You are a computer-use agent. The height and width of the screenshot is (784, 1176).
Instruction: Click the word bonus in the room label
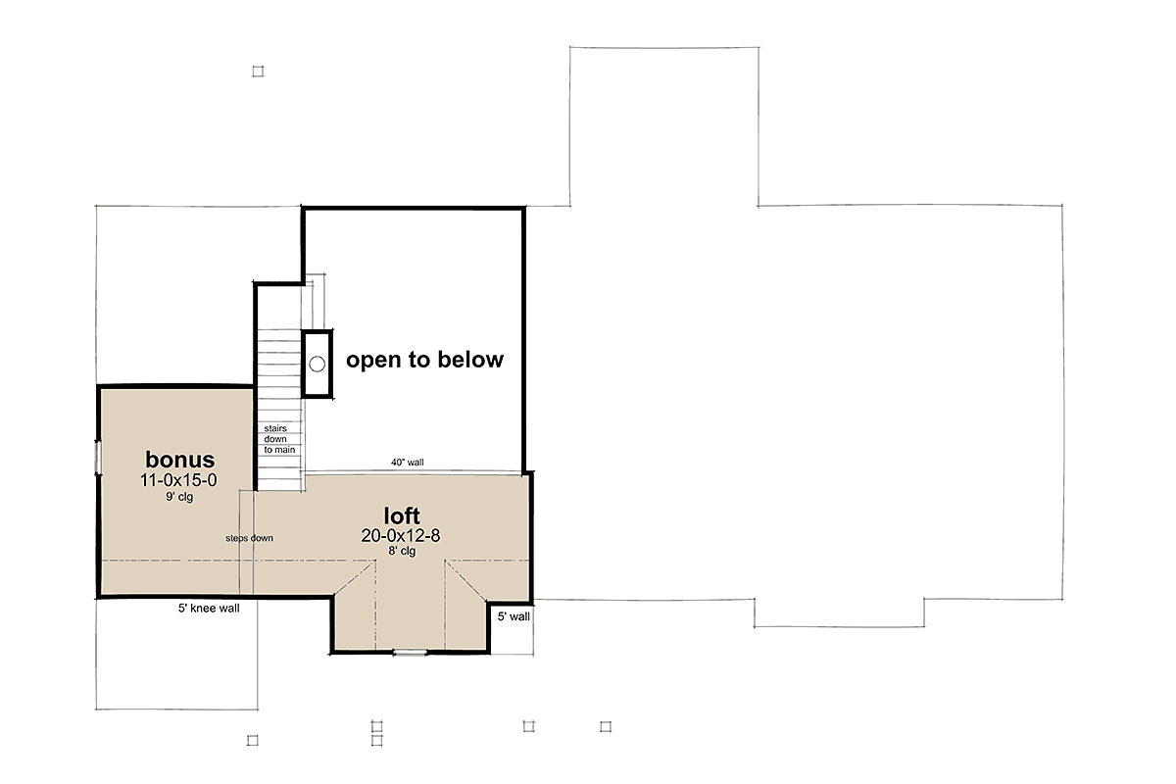179,460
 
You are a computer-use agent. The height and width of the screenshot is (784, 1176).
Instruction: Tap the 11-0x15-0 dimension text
179,480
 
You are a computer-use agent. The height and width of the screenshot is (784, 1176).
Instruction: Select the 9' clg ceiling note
179,498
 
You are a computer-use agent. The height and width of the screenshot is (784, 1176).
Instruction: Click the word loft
402,515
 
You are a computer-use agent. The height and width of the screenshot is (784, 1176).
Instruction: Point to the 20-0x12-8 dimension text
402,535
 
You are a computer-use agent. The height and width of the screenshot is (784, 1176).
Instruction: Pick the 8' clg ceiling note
402,552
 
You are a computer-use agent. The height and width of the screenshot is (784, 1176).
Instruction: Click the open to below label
424,360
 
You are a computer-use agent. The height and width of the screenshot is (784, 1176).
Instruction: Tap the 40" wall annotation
407,464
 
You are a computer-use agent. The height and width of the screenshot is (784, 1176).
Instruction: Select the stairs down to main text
278,439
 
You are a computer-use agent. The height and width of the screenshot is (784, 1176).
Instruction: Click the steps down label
249,538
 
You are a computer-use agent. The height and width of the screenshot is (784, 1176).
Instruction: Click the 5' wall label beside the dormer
513,617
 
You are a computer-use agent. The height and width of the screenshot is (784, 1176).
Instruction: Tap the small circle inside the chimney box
317,364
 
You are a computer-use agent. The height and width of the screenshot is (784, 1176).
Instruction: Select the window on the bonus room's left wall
97,458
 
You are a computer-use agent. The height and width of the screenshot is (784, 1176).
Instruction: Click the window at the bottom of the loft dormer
410,652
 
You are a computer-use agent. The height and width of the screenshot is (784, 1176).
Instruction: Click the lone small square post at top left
258,71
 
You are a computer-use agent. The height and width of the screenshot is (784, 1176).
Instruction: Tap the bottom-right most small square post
606,726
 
